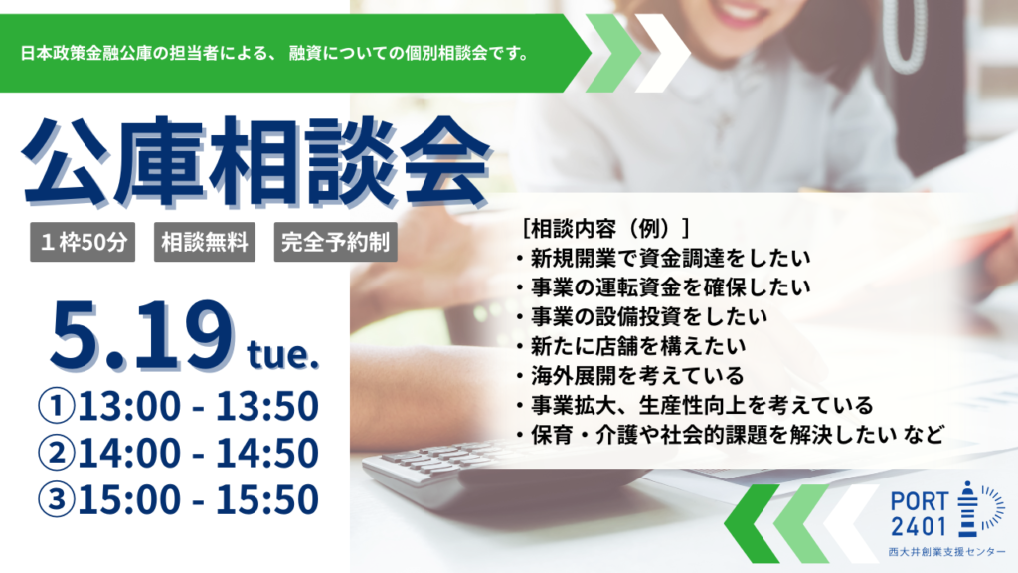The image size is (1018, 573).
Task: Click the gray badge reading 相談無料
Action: tap(205, 242)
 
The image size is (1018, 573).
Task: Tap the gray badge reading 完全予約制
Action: tap(335, 242)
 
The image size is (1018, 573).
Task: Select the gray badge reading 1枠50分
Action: tap(83, 242)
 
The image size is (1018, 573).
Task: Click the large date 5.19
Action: tap(142, 336)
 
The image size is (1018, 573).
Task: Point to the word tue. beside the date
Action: tap(283, 355)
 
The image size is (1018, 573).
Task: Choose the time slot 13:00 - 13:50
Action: tap(198, 406)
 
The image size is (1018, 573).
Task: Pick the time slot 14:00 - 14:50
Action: tap(198, 453)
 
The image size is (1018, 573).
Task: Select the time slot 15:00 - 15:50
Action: tap(198, 499)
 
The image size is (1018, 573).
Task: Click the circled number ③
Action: tap(56, 500)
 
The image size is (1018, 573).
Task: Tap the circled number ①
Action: tap(56, 406)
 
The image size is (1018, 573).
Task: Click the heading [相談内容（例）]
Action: tap(605, 228)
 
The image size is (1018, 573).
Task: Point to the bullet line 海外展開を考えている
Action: tap(629, 375)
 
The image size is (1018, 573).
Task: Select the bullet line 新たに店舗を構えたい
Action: tap(631, 346)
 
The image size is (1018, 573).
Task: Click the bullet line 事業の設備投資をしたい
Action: tap(641, 317)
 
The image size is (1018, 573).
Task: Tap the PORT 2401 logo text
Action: tap(919, 514)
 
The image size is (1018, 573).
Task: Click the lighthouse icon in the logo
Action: tap(967, 509)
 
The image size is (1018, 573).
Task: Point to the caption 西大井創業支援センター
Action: tap(946, 552)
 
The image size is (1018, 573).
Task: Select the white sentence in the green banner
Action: tap(276, 54)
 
